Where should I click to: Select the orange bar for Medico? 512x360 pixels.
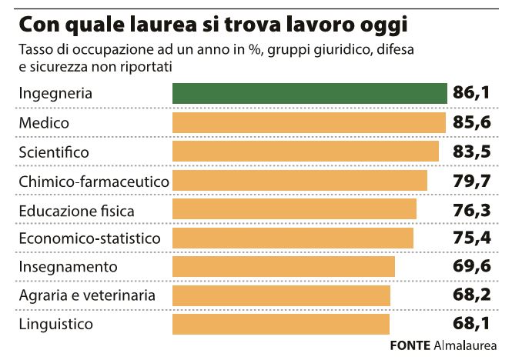pyautogui.click(x=309, y=123)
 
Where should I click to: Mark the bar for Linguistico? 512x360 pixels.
pyautogui.click(x=281, y=324)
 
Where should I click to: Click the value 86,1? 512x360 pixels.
pyautogui.click(x=472, y=94)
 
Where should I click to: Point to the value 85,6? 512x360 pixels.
pyautogui.click(x=472, y=123)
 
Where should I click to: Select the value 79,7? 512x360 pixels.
pyautogui.click(x=472, y=181)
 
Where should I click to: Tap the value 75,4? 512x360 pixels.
pyautogui.click(x=472, y=238)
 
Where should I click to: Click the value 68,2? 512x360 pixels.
pyautogui.click(x=472, y=295)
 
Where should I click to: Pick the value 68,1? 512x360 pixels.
pyautogui.click(x=472, y=324)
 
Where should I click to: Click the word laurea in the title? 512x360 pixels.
pyautogui.click(x=146, y=25)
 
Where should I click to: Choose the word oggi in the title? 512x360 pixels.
pyautogui.click(x=380, y=26)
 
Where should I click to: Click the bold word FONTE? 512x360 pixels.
pyautogui.click(x=410, y=345)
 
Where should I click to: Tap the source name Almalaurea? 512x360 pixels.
pyautogui.click(x=465, y=345)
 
